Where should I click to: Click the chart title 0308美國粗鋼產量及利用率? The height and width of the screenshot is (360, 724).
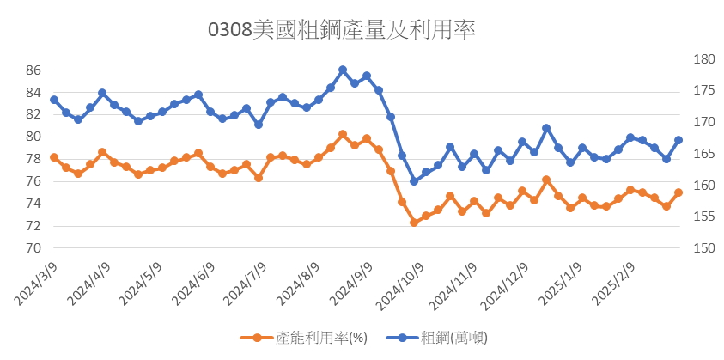[342, 30]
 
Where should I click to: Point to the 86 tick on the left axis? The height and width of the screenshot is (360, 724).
[33, 70]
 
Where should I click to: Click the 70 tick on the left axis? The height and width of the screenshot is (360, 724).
[33, 248]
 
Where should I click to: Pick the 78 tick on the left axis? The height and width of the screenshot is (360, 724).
[33, 159]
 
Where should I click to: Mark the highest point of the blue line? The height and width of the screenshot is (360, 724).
[343, 70]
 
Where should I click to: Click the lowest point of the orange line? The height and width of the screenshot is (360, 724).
[414, 223]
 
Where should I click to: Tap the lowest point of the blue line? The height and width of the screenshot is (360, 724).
[414, 181]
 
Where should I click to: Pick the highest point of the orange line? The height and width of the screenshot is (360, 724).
[343, 134]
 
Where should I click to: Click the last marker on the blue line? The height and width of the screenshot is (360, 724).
[678, 140]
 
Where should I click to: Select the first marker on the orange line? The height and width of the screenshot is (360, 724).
[54, 157]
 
